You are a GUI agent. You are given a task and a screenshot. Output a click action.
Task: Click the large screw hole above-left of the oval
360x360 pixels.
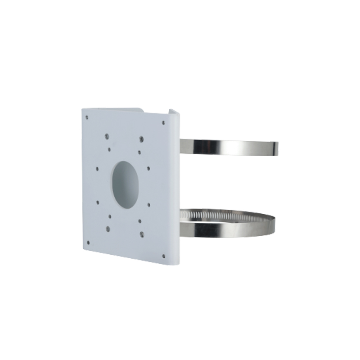106,135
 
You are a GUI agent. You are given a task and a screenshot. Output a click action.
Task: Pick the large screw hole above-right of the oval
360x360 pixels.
141,138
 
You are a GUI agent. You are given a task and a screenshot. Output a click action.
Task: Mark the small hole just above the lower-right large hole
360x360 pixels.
140,221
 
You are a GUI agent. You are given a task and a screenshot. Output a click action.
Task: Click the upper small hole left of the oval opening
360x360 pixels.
97,169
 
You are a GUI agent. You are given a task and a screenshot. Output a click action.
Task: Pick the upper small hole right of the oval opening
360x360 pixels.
148,169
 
